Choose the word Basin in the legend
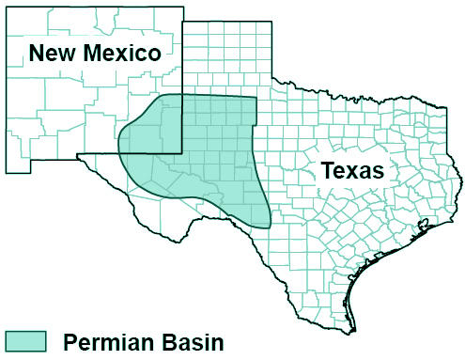pyautogui.click(x=192, y=341)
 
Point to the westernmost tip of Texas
pyautogui.click(x=78, y=155)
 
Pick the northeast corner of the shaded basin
pyautogui.click(x=256, y=97)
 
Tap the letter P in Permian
pyautogui.click(x=71, y=341)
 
